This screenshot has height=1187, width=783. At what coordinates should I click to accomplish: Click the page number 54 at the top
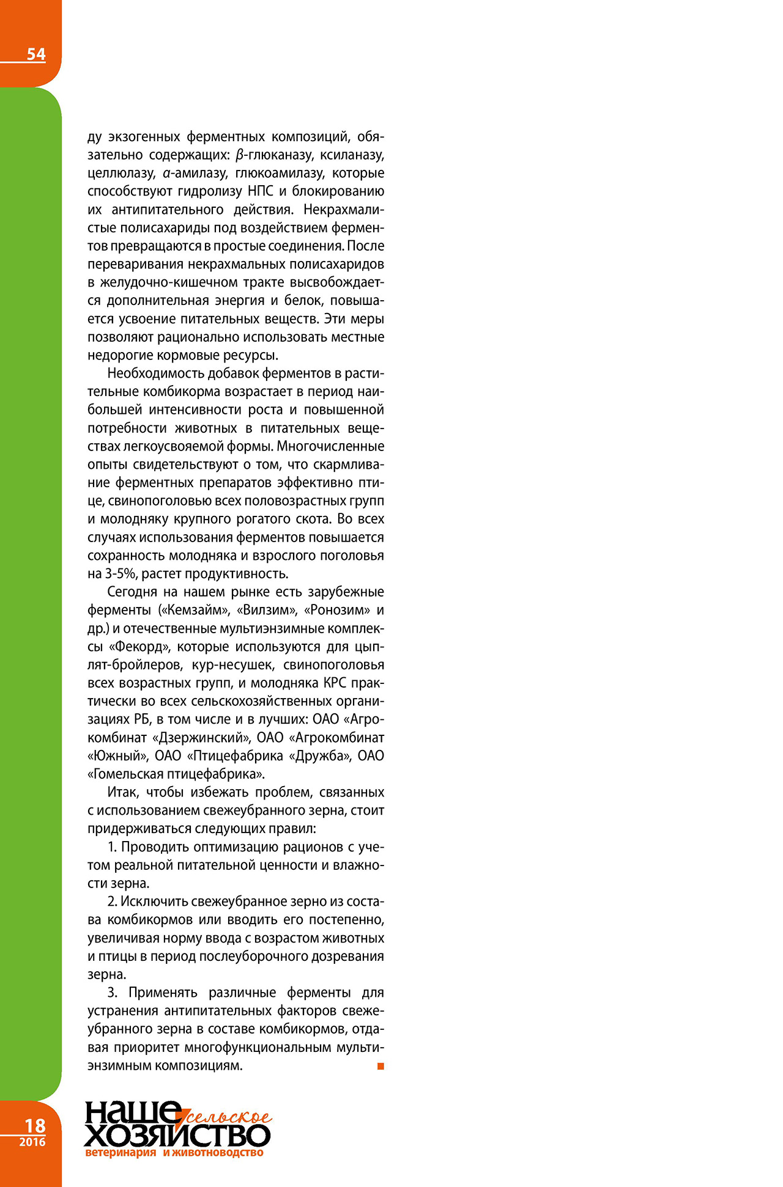(36, 54)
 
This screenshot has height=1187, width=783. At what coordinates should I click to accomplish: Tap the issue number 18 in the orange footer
(34, 1125)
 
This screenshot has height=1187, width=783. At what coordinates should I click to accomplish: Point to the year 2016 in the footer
(32, 1142)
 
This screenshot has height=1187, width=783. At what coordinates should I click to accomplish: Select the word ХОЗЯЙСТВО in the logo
(177, 1136)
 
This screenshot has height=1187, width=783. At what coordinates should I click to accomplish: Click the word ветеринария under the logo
(121, 1153)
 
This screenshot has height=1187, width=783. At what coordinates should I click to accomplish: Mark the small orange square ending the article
(380, 1066)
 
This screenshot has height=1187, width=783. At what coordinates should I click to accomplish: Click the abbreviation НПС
(261, 191)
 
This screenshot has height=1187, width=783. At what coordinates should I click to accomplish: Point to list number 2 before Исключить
(112, 902)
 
